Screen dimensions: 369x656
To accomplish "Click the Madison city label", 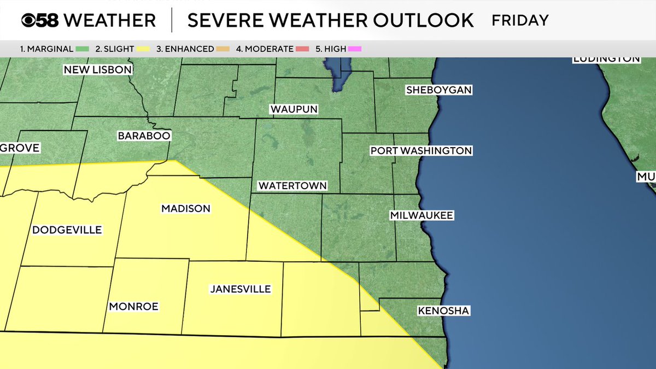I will point(185,208).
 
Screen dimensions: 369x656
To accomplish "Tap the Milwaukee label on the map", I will point(421,215).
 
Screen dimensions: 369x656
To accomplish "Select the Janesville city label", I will point(241,289).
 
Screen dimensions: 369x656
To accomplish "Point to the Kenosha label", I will point(443,311).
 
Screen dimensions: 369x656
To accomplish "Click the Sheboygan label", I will point(438,90).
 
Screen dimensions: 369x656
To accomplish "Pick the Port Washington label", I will point(421,150).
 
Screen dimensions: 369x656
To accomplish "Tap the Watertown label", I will point(292,185).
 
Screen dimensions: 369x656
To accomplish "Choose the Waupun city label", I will point(294,109).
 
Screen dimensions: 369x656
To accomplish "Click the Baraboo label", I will point(144,136).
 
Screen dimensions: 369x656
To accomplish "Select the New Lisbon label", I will point(98,69).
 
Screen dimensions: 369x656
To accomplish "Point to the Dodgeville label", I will point(67,230).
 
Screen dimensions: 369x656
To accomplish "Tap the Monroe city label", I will point(133,307).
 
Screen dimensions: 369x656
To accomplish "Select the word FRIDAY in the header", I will point(520,21).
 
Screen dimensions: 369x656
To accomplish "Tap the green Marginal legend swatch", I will point(83,49).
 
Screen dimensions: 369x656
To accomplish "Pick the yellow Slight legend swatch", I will point(143,49).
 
